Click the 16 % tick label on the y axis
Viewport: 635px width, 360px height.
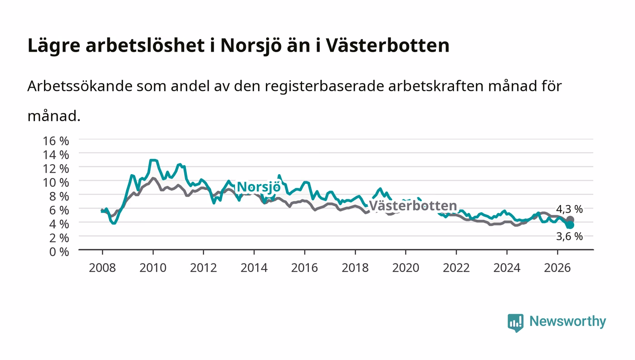pos(56,141)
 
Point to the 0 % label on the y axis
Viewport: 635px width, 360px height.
pos(59,252)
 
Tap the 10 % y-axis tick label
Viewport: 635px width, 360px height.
pos(56,183)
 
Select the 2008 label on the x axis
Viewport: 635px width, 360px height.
pos(103,268)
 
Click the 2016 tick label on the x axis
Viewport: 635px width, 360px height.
pos(304,268)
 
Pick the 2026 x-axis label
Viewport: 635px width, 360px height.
pos(557,268)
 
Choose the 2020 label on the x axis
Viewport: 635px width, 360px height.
pos(405,268)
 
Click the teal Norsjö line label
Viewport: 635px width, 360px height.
pos(259,187)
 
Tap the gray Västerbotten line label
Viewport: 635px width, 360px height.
pos(413,206)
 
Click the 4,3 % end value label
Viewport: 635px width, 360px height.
pos(569,209)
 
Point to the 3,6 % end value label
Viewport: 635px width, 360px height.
pos(569,236)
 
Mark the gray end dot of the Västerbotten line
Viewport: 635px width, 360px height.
pos(570,220)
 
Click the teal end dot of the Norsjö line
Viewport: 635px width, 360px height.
pos(570,225)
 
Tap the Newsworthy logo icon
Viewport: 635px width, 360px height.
pos(515,322)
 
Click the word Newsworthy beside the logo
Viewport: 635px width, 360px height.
pos(567,321)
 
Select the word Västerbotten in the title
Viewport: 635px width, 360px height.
pos(387,45)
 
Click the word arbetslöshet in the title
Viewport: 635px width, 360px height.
pos(145,45)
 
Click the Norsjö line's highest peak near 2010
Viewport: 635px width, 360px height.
pos(153,160)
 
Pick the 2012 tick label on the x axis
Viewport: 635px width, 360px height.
pos(203,268)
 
